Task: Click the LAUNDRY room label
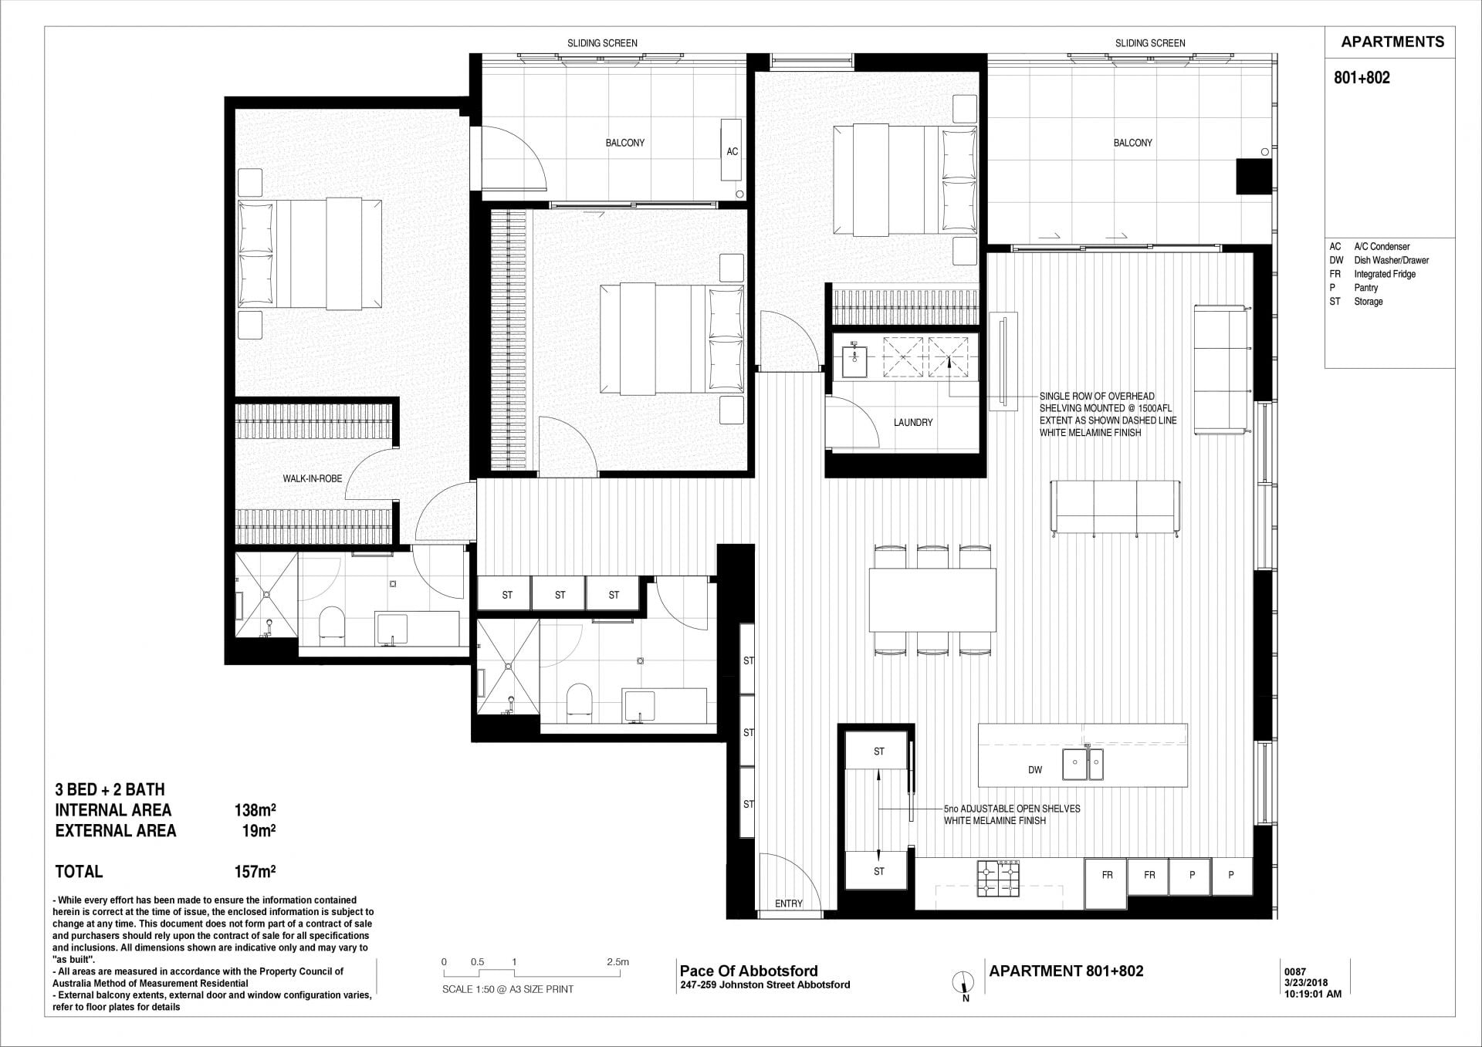tap(913, 422)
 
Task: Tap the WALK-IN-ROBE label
tap(312, 478)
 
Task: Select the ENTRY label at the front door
tap(789, 903)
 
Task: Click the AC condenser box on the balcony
tap(732, 150)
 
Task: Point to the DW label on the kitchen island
tap(1035, 770)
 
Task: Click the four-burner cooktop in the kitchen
tap(999, 878)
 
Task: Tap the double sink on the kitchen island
tap(1083, 764)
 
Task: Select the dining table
tap(932, 599)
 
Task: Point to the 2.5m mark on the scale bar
tap(617, 962)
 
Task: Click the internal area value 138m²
tap(255, 810)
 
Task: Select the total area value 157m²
tap(255, 872)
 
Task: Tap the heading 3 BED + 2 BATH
tap(110, 789)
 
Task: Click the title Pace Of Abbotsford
tap(749, 971)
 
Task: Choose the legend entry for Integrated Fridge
tap(1372, 274)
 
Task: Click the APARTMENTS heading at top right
tap(1392, 42)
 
